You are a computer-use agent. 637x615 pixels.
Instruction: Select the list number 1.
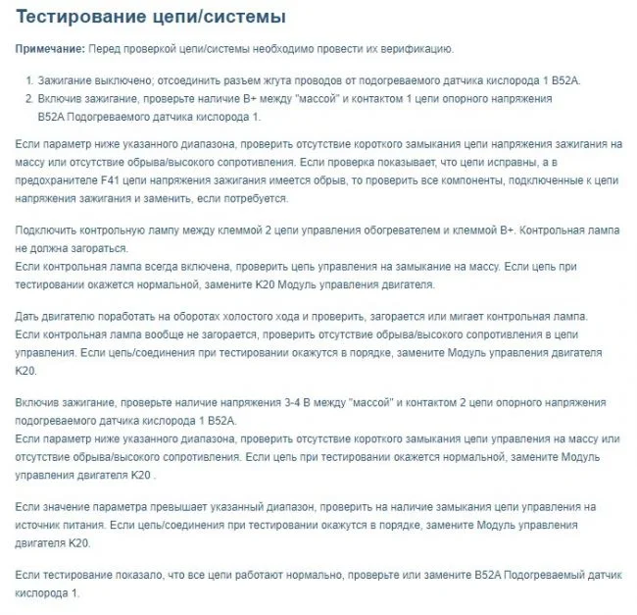coord(29,79)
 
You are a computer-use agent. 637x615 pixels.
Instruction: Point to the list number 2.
coord(29,99)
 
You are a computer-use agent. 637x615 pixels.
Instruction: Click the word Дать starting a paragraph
coord(30,316)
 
